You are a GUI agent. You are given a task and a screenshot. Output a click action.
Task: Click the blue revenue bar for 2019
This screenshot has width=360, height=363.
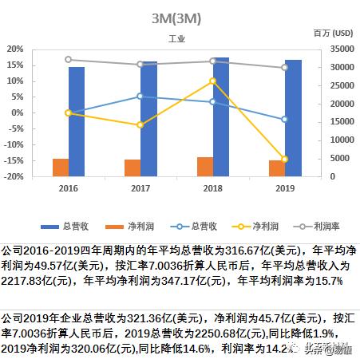tap(293, 117)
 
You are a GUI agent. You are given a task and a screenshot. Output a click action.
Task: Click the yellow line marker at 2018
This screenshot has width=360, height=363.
tap(212, 81)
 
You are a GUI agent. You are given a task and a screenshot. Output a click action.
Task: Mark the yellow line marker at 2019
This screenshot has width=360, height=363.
tap(285, 159)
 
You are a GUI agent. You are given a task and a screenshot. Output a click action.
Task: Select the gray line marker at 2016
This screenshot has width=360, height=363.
tap(69, 60)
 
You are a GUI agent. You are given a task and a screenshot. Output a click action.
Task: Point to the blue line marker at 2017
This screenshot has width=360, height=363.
tap(140, 97)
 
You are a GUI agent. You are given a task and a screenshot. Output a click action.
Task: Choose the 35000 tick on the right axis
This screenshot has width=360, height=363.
tap(334, 49)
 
